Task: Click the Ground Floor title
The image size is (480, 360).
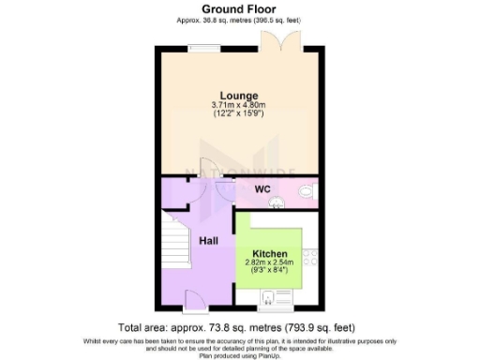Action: pyautogui.click(x=239, y=9)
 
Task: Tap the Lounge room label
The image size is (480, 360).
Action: pyautogui.click(x=239, y=96)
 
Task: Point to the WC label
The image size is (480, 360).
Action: pyautogui.click(x=262, y=189)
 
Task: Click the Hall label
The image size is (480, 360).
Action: pyautogui.click(x=208, y=241)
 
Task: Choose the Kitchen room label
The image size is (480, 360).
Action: pyautogui.click(x=269, y=253)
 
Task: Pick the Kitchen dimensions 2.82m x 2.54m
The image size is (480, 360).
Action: pyautogui.click(x=269, y=262)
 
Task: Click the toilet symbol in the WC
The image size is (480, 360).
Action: pyautogui.click(x=305, y=195)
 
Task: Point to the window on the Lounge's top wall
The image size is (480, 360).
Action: pyautogui.click(x=200, y=47)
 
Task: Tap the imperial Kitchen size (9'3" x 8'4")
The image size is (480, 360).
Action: pyautogui.click(x=269, y=271)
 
